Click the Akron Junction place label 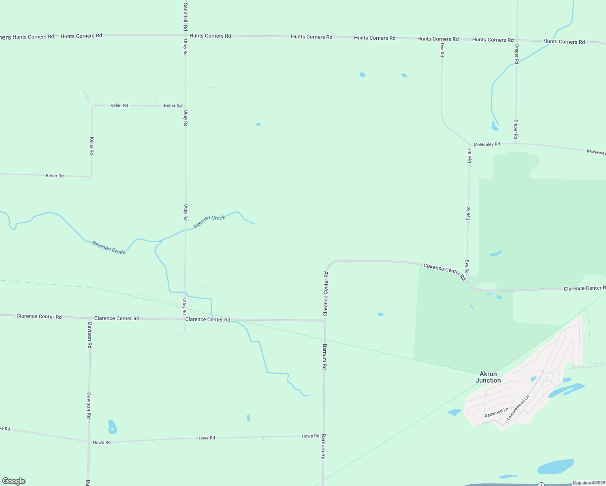[488, 377]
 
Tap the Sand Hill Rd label [185, 17]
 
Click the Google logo [14, 481]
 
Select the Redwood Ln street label [496, 413]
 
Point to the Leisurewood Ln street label [518, 407]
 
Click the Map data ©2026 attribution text [588, 483]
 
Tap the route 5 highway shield [541, 485]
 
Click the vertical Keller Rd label [92, 146]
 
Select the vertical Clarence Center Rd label [326, 294]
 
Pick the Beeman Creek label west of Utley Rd [109, 247]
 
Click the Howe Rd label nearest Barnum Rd [310, 436]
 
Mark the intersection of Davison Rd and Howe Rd [88, 442]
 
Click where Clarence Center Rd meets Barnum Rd [324, 320]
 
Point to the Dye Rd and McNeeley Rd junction [469, 145]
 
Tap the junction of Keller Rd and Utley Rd [186, 106]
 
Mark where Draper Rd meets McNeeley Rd [516, 143]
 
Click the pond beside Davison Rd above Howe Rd [112, 427]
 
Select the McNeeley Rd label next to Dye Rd [487, 144]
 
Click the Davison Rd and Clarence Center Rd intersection [90, 318]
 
